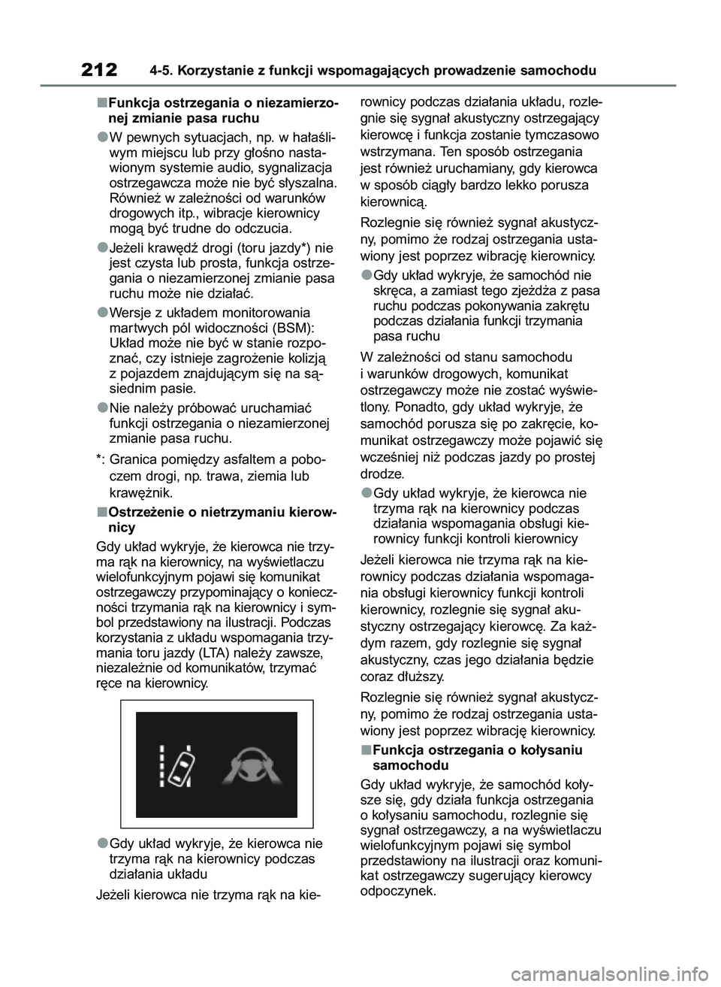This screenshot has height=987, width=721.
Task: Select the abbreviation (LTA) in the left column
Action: click(x=217, y=651)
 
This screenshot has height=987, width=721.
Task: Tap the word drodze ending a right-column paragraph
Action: click(x=382, y=474)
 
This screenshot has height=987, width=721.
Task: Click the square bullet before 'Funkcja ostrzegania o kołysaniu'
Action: click(x=364, y=749)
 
